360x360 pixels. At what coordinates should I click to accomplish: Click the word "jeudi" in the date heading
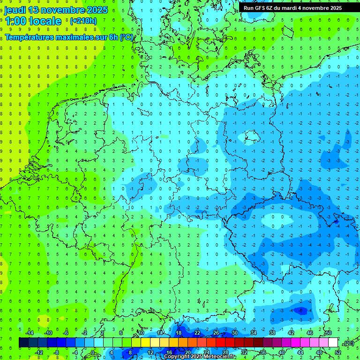tap(15, 10)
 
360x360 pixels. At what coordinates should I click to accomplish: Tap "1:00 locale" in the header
tap(33, 21)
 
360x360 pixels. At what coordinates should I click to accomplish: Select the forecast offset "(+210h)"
tap(83, 21)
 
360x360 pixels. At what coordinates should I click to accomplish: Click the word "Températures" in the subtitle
tap(29, 37)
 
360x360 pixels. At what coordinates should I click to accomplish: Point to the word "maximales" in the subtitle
tap(74, 37)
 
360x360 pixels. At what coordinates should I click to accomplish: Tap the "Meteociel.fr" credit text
tap(220, 357)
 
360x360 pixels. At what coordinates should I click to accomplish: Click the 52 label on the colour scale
tap(338, 352)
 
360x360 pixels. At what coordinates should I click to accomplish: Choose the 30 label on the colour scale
tap(235, 332)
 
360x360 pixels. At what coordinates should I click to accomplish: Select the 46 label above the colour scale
tap(309, 332)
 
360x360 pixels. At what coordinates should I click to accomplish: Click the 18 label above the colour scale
tap(179, 332)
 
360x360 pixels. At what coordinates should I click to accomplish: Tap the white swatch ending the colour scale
tap(333, 342)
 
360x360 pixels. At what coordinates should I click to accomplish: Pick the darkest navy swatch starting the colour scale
tap(23, 342)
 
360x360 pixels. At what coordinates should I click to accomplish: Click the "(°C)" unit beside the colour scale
tap(348, 343)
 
